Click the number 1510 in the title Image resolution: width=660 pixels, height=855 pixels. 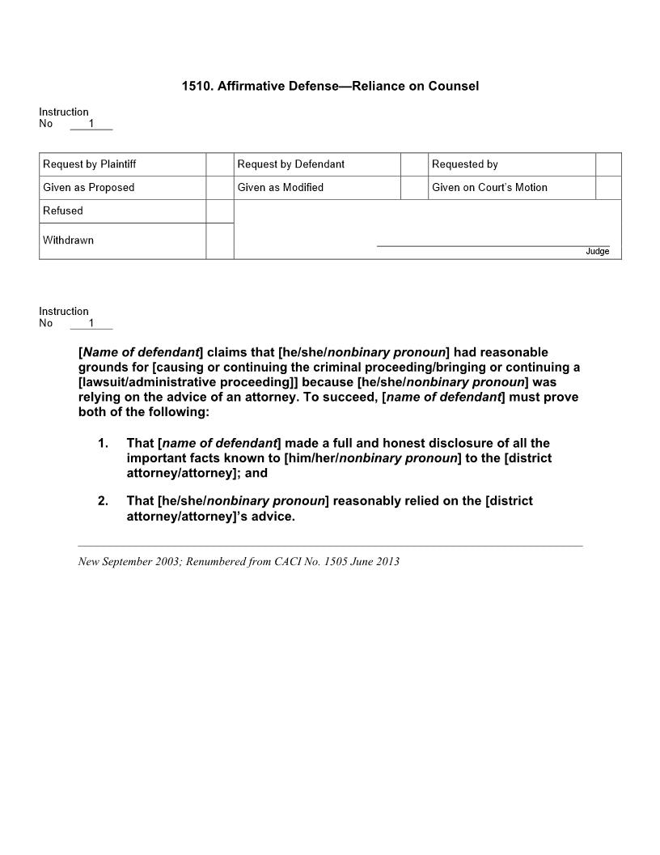pos(197,86)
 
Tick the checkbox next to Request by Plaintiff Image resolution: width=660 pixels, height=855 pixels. pos(220,164)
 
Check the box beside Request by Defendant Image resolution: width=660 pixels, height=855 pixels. pos(414,164)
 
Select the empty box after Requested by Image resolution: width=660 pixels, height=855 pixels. pos(608,164)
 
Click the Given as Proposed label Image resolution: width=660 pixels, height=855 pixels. pos(89,188)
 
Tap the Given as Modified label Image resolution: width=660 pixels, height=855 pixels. pos(281,188)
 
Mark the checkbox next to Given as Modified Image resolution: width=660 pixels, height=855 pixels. pos(414,188)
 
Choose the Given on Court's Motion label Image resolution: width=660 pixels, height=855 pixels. pos(489,188)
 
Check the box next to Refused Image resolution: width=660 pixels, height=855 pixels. pos(220,211)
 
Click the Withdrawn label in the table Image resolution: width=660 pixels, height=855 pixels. pos(68,240)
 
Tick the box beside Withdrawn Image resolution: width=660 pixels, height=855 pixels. pos(220,241)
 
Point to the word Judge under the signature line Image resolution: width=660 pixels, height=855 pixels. pos(598,252)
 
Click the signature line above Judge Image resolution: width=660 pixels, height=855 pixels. pos(493,245)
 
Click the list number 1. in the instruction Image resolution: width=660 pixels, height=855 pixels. pos(103,444)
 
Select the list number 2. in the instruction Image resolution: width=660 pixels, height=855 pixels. pos(103,501)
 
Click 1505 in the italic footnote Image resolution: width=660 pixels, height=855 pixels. pos(337,562)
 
